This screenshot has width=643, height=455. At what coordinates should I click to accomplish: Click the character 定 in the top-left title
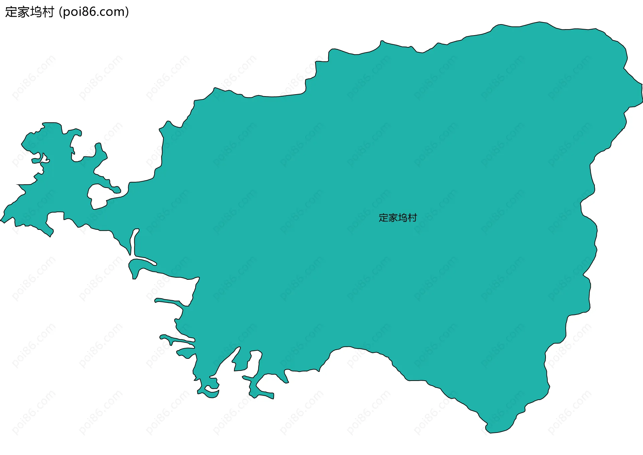click(x=11, y=12)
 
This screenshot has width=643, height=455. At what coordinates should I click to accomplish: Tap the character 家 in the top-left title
click(x=23, y=12)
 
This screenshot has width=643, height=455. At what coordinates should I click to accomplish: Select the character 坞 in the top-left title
click(x=36, y=12)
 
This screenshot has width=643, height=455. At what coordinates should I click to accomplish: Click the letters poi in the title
click(x=72, y=12)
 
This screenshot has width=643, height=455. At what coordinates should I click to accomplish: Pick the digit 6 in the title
click(x=93, y=12)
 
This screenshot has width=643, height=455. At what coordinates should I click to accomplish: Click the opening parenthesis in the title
click(x=60, y=12)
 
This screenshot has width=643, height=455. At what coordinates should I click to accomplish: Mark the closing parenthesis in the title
click(x=127, y=12)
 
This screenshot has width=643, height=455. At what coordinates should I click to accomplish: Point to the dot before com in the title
click(x=99, y=15)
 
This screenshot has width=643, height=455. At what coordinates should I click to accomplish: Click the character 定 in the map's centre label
click(x=383, y=218)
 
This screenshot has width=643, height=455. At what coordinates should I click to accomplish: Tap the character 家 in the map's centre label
click(x=393, y=218)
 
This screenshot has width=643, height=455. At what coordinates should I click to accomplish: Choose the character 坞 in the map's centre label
click(x=403, y=218)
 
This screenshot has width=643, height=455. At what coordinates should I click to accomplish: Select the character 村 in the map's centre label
click(x=413, y=218)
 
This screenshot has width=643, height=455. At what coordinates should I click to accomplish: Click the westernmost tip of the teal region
click(x=1, y=221)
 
